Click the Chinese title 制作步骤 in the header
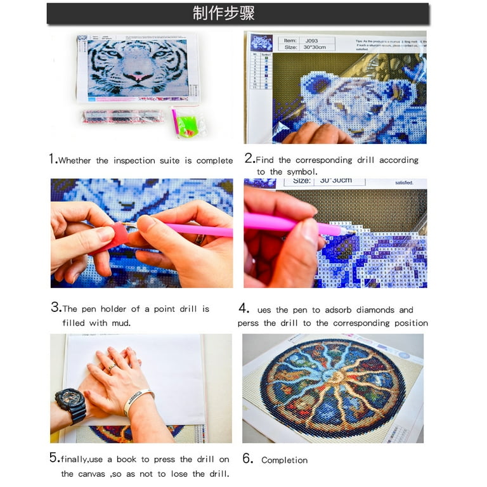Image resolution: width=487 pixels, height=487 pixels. tap(224, 13)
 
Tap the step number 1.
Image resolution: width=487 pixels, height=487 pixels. tap(53, 159)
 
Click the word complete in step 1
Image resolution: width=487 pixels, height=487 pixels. tap(214, 161)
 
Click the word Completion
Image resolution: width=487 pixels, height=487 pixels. tap(284, 460)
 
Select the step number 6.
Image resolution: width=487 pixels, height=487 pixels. tap(248, 458)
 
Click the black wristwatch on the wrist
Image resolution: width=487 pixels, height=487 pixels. tap(71, 404)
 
